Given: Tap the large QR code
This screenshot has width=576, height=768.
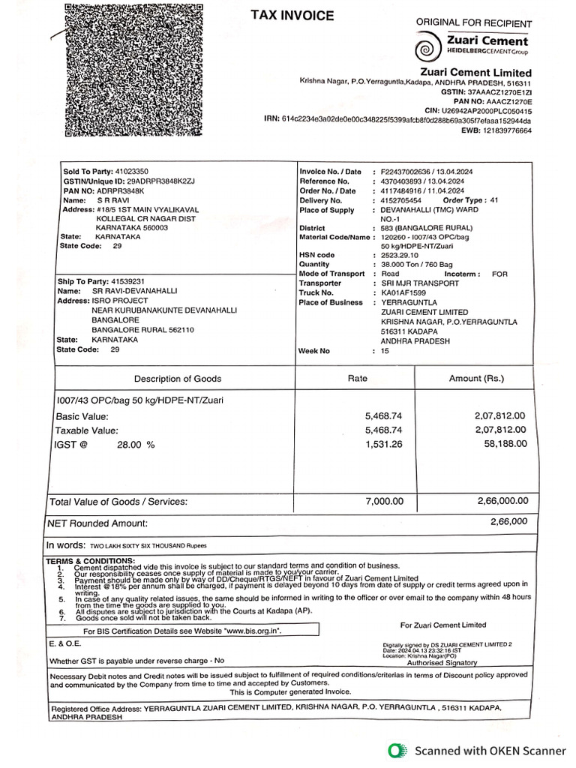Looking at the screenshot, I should [x=133, y=70].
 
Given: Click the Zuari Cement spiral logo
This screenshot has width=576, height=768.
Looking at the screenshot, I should [x=430, y=48].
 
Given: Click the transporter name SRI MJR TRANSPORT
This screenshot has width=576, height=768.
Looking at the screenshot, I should [x=420, y=283].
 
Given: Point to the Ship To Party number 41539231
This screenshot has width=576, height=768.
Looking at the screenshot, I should [x=127, y=281].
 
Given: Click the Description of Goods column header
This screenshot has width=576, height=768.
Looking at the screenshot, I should [x=177, y=379].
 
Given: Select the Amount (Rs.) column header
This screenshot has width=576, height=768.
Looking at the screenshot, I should [x=476, y=379].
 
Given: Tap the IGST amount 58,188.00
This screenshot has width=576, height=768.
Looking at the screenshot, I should [x=501, y=444].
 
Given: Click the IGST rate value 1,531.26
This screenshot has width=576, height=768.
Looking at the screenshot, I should [x=384, y=444].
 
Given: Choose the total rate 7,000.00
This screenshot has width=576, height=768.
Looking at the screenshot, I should [x=384, y=501].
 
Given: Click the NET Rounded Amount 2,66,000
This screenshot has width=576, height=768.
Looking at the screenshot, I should [x=508, y=521].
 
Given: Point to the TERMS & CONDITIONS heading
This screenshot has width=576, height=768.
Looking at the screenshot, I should [x=90, y=560].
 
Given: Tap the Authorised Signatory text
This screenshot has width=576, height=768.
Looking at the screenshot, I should [x=441, y=663].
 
